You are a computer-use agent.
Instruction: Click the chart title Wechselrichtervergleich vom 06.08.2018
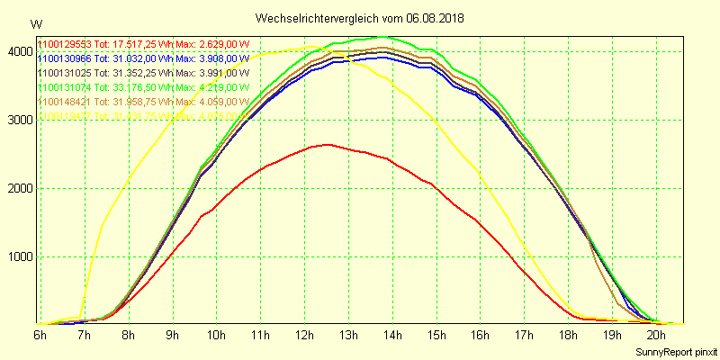pyautogui.click(x=359, y=18)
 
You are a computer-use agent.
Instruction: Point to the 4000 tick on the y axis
pyautogui.click(x=18, y=52)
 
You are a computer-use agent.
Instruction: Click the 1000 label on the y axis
pyautogui.click(x=18, y=256)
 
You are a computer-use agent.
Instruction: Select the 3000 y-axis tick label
pyautogui.click(x=18, y=121)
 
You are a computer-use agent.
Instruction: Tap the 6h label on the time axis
pyautogui.click(x=40, y=335)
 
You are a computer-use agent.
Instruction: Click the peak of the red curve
pyautogui.click(x=326, y=144)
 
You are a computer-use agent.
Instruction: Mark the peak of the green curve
pyautogui.click(x=384, y=37)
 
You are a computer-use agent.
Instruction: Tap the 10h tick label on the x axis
pyautogui.click(x=216, y=335)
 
